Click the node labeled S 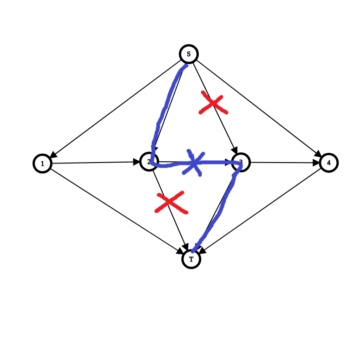[x=189, y=54]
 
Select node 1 [x=42, y=164]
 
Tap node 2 [x=149, y=162]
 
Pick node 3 [x=241, y=162]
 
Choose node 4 [x=328, y=163]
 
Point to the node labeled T [x=191, y=259]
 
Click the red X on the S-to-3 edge [x=213, y=103]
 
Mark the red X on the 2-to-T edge [x=170, y=203]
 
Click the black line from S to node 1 [x=116, y=108]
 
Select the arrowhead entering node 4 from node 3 [x=317, y=163]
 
